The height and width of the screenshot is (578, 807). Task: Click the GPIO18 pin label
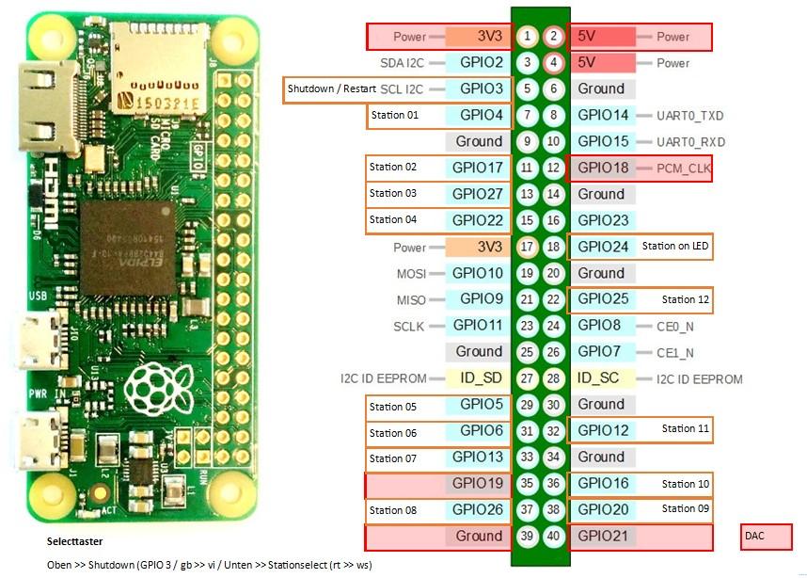pos(602,168)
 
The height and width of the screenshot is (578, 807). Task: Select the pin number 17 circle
pos(528,247)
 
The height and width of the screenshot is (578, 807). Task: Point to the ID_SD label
pos(479,377)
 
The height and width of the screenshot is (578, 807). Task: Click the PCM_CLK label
pos(682,168)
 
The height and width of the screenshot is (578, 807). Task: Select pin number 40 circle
pos(554,536)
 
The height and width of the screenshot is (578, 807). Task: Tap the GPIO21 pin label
pos(602,536)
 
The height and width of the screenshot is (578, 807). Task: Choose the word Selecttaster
pos(74,542)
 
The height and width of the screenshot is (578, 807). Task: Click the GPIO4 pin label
pos(481,115)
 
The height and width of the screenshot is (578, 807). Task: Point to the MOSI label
pos(412,273)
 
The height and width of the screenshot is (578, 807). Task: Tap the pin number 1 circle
pos(528,37)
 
